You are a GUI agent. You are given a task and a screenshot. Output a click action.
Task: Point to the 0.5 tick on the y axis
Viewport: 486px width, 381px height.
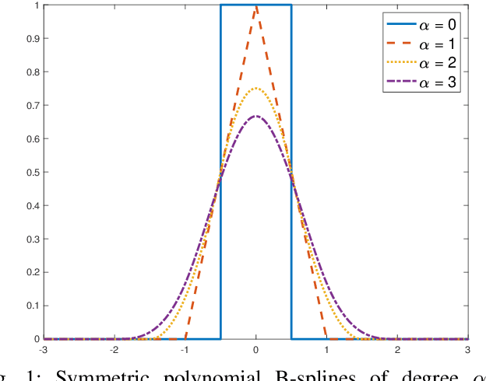pos(33,173)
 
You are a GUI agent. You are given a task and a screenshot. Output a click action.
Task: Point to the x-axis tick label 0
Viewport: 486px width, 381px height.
pos(256,350)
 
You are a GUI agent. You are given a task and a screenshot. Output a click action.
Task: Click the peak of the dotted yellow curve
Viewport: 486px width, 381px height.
pos(256,89)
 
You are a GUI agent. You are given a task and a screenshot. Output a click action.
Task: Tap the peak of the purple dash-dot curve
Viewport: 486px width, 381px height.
pos(256,117)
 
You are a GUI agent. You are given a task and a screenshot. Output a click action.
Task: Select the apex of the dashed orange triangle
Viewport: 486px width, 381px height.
pos(256,6)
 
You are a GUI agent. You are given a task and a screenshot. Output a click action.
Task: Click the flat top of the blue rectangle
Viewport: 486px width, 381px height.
pos(256,5)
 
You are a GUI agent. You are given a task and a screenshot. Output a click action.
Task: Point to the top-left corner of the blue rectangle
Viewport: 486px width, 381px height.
pos(220,5)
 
